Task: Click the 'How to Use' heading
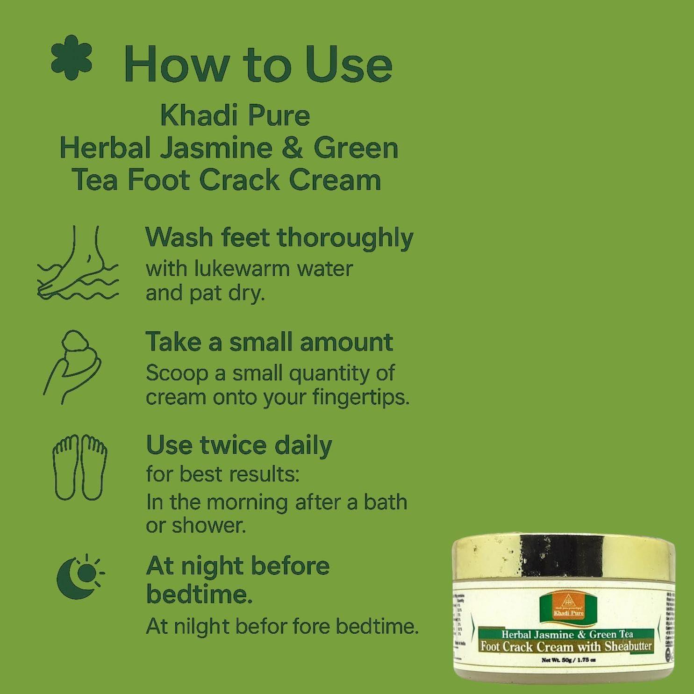[258, 65]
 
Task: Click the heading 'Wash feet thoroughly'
[279, 238]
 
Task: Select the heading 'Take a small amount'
[269, 342]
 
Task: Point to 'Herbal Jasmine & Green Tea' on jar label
[566, 634]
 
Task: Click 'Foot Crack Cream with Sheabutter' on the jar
[566, 647]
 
